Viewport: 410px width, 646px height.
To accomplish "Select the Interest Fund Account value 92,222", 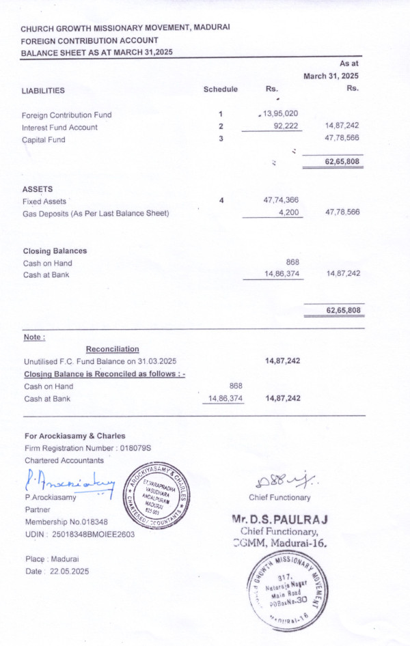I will (286, 127).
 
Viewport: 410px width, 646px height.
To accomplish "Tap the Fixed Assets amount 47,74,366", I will (280, 201).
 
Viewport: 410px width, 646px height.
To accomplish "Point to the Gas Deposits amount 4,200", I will (289, 213).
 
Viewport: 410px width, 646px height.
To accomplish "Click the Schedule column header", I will (220, 89).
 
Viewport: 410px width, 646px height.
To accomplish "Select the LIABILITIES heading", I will (43, 90).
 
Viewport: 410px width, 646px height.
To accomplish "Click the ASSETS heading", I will (38, 188).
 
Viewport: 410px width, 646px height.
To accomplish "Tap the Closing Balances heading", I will (55, 251).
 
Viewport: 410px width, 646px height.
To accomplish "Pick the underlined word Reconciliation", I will (112, 349).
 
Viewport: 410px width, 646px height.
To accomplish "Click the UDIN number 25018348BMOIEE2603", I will (79, 534).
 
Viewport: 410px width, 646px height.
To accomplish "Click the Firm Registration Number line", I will (87, 448).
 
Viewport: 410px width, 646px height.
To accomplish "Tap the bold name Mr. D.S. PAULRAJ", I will (280, 519).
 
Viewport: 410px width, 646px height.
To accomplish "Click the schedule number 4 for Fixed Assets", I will (221, 201).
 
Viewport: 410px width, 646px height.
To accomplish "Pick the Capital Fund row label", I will (46, 139).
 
